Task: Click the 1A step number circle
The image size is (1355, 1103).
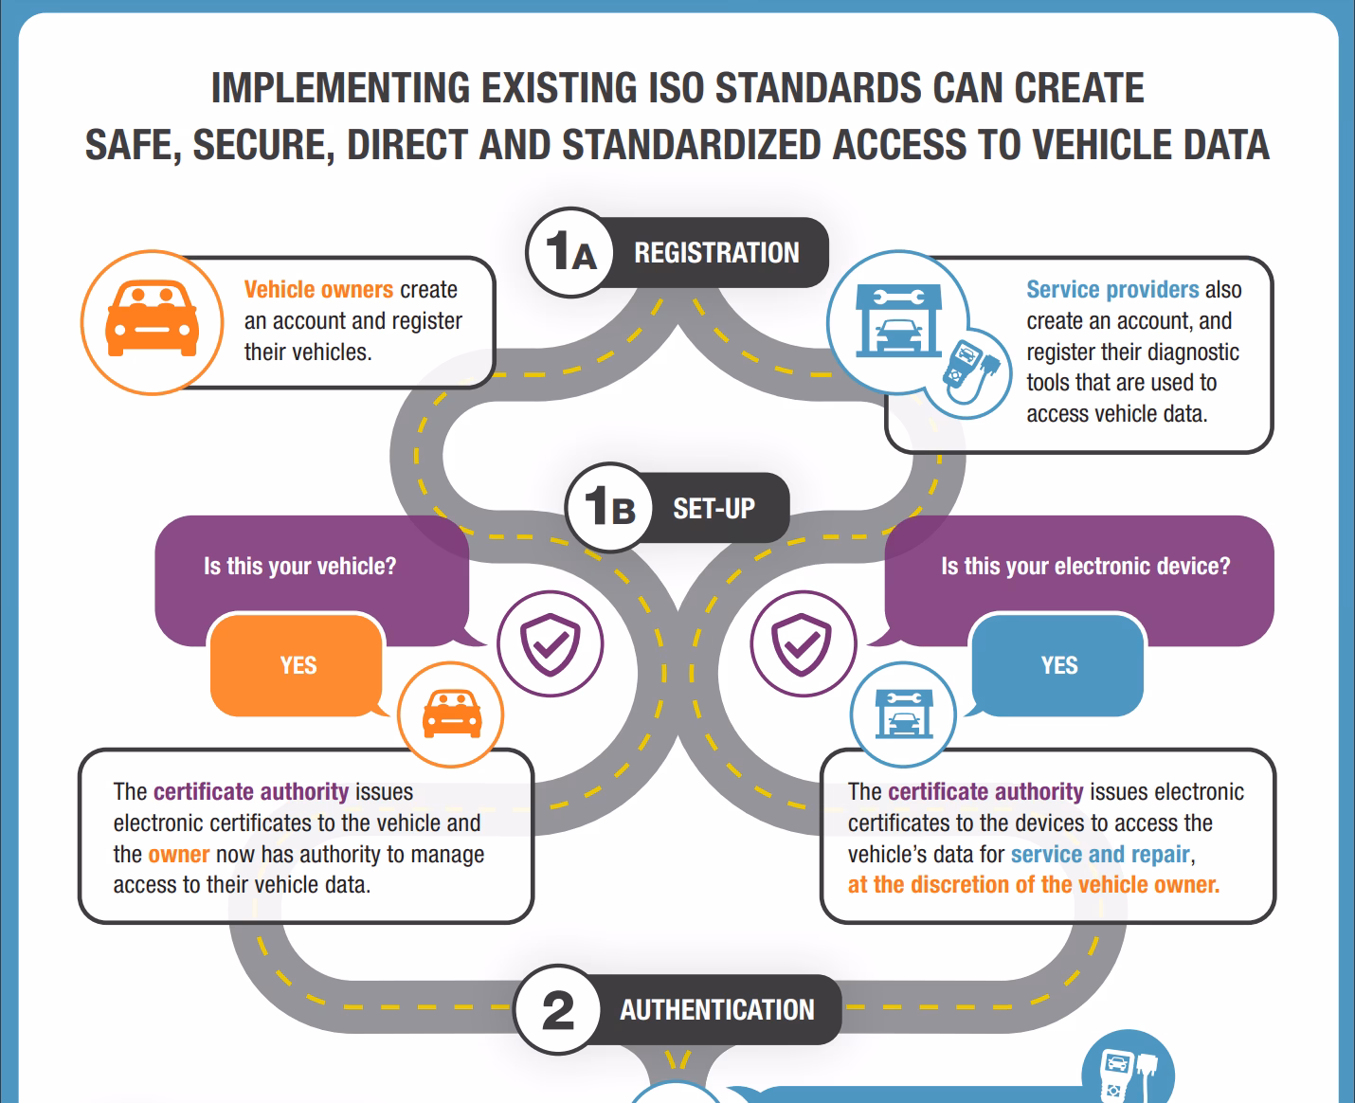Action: [x=570, y=252]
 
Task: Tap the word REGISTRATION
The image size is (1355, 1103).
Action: [x=716, y=252]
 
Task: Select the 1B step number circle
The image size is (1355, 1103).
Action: [x=609, y=508]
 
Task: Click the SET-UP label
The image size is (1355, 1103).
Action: [x=714, y=508]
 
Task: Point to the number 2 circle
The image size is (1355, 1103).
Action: [x=558, y=1009]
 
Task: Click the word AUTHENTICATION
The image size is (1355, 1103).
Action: [x=717, y=1009]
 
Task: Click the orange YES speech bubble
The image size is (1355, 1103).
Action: [x=298, y=665]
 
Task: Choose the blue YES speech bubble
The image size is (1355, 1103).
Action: [x=1057, y=665]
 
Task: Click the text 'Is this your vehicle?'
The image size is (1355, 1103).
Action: [x=299, y=566]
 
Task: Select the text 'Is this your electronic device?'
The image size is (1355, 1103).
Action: [x=1085, y=566]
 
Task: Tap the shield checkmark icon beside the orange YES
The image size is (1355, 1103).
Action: [x=551, y=643]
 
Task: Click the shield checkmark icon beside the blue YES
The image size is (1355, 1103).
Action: [x=803, y=643]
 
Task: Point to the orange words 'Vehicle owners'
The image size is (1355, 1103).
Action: [x=318, y=289]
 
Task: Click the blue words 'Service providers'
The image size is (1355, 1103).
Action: [x=1112, y=289]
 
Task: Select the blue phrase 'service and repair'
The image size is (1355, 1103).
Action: [x=1100, y=855]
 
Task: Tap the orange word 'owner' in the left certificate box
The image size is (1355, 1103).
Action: [x=179, y=855]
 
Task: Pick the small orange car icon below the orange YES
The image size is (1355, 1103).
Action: [x=452, y=714]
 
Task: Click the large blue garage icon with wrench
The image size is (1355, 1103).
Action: [x=898, y=320]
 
